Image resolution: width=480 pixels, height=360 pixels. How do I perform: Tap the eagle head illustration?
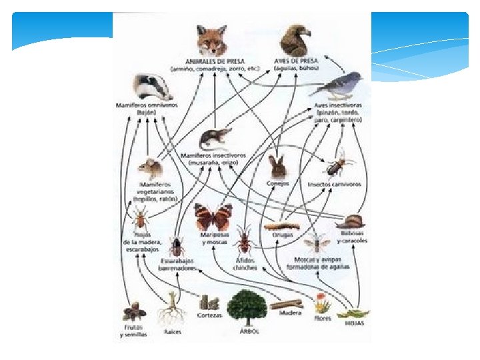295,41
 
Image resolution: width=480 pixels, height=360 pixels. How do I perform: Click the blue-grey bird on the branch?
341,85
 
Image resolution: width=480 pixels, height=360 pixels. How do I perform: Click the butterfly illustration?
213,217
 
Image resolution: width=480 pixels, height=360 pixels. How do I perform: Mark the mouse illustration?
151,167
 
